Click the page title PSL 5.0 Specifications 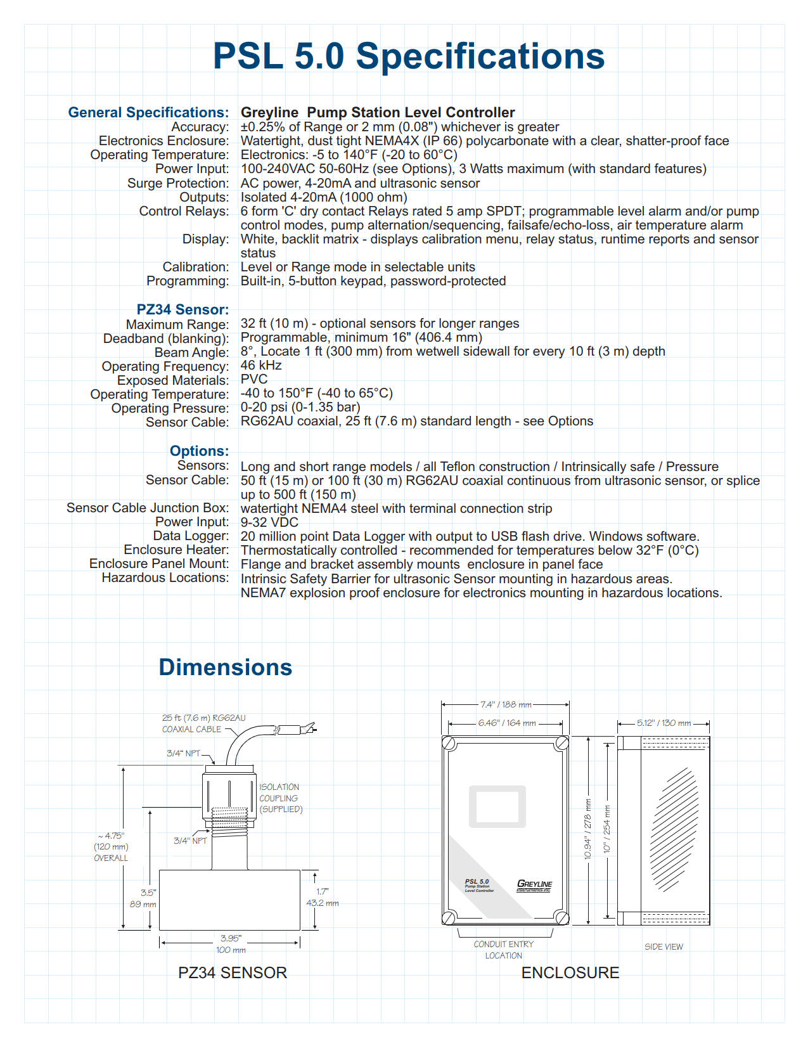409,56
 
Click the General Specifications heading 148,112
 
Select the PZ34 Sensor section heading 183,309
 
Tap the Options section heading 199,451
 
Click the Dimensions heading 225,667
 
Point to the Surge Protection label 177,183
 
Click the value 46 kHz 261,365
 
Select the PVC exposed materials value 254,379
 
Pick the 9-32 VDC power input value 269,522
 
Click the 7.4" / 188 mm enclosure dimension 506,704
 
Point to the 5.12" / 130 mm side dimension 664,723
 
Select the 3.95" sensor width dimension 231,938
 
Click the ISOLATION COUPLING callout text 280,798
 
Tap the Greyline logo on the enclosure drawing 534,885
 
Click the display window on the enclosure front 497,806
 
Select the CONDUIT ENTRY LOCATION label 504,950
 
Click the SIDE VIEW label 664,946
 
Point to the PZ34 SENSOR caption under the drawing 233,972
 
